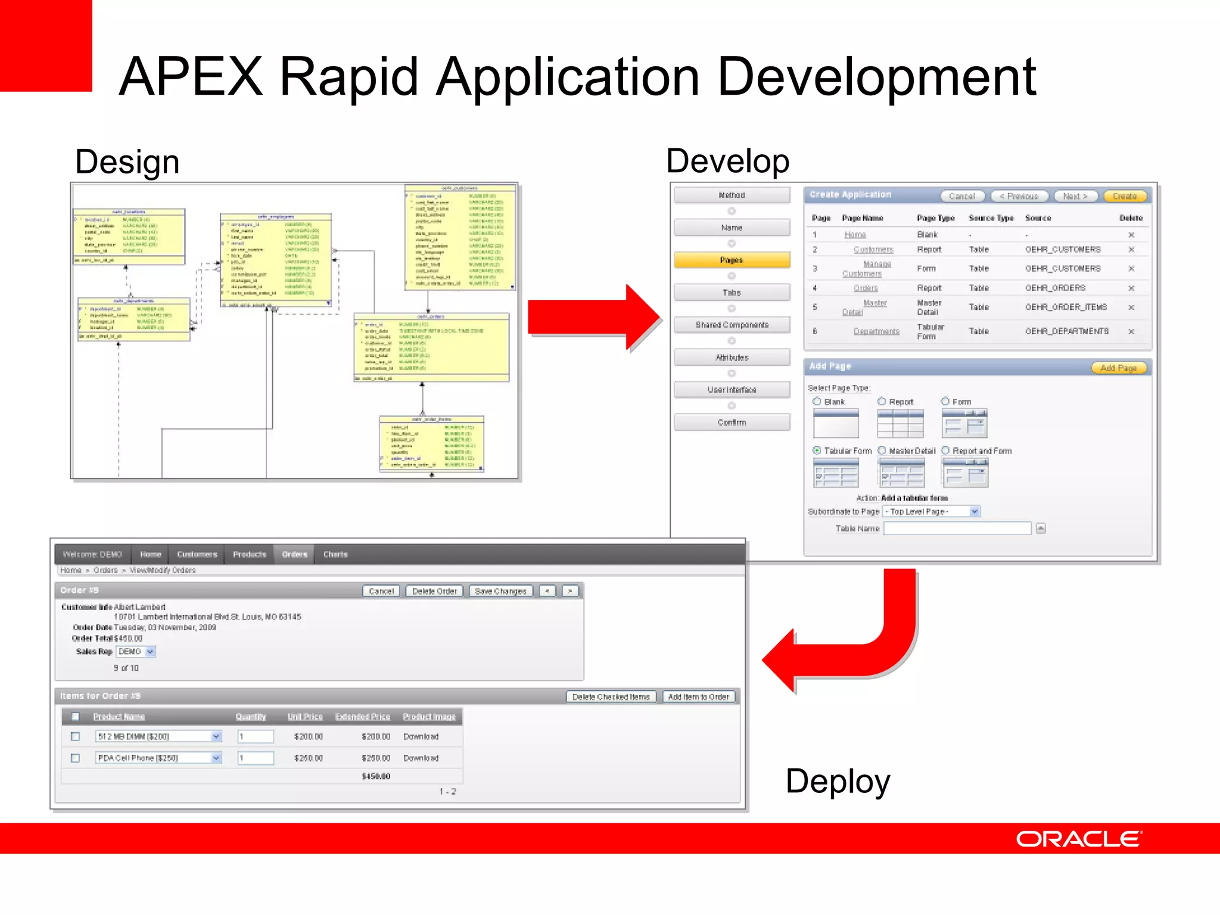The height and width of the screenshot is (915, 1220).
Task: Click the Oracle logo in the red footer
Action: [1078, 839]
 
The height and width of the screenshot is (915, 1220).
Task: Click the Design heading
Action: [127, 162]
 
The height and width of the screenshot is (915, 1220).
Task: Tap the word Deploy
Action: [838, 781]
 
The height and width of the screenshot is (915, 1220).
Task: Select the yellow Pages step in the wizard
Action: [732, 260]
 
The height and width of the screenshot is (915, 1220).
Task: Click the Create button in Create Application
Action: [1125, 196]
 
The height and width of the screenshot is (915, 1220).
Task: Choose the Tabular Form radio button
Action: [817, 451]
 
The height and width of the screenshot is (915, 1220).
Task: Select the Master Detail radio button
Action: [882, 451]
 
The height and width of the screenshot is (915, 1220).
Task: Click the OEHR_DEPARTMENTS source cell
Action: [1066, 331]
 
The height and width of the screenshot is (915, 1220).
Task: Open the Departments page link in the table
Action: [876, 331]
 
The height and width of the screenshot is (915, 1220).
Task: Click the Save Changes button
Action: [500, 591]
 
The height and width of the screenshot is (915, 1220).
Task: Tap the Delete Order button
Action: [434, 591]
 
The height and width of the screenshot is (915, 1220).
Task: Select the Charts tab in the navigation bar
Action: [335, 555]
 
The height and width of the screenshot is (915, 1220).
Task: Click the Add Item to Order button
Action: [698, 697]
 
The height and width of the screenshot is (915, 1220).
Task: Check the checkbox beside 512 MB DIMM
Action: [76, 737]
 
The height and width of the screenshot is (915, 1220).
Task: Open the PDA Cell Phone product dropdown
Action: [216, 758]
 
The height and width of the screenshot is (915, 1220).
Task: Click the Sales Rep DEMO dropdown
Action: [136, 652]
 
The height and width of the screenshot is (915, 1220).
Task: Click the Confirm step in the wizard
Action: [732, 422]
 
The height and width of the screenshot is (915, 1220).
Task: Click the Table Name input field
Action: [957, 528]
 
